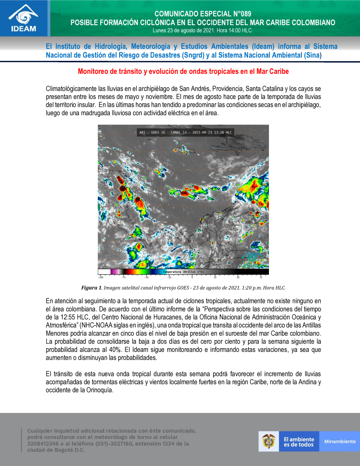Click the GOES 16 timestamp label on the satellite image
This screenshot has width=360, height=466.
[x=185, y=133]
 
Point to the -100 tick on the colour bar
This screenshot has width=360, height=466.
[x=100, y=277]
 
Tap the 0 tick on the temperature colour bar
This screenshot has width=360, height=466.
[x=192, y=277]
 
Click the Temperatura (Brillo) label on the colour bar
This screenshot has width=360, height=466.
[x=183, y=272]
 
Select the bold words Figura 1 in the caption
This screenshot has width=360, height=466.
[x=91, y=288]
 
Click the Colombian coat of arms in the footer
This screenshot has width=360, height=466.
[x=268, y=442]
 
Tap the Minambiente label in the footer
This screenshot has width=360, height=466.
[x=339, y=442]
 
